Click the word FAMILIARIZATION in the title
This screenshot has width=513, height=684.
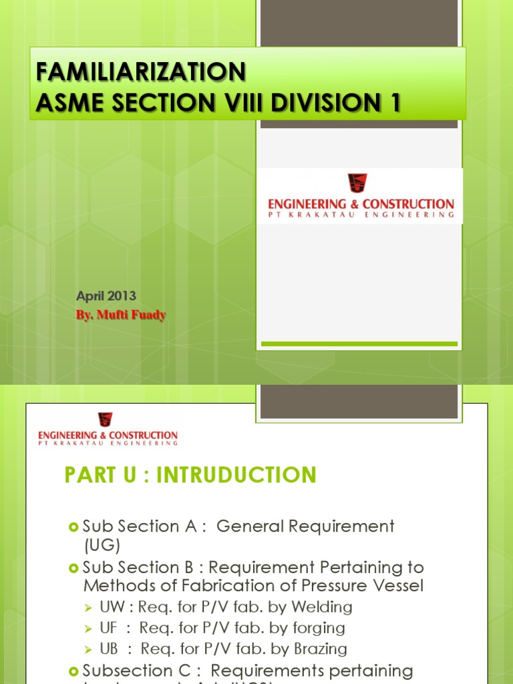(140, 71)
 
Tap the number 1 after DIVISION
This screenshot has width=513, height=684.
(395, 103)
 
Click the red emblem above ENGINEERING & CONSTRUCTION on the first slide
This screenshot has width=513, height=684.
(357, 183)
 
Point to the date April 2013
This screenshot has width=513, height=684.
(107, 296)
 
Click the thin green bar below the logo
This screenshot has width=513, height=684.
(359, 344)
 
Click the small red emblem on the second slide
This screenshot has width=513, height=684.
(105, 419)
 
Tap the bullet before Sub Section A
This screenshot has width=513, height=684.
(74, 527)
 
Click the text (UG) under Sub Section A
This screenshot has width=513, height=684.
(102, 546)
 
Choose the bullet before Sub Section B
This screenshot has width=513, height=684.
(74, 568)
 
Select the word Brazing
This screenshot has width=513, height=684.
(320, 649)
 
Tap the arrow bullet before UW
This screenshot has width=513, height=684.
(89, 608)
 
